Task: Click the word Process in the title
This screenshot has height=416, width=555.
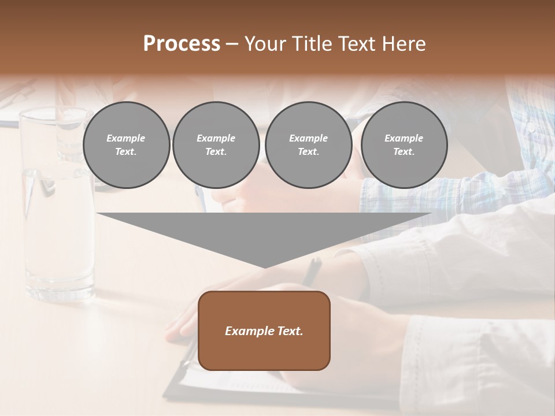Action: click(x=182, y=44)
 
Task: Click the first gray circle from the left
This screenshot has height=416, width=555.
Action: click(x=126, y=145)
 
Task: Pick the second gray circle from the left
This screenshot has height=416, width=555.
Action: click(x=216, y=145)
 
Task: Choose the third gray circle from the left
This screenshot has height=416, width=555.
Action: click(x=308, y=145)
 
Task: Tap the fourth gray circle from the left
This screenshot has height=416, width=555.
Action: click(x=404, y=145)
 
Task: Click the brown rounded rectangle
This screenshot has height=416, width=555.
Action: click(x=264, y=330)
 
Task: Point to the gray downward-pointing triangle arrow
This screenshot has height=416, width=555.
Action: click(x=264, y=231)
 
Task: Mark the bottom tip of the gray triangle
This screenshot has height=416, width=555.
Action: click(x=264, y=267)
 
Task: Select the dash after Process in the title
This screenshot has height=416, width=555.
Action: click(x=232, y=44)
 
